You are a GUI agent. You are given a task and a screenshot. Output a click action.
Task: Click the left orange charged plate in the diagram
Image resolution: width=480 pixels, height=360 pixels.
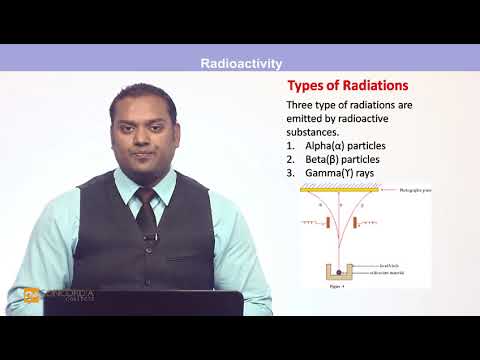click(324, 219)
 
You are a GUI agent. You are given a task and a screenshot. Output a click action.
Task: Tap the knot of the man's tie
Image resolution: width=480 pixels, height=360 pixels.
click(146, 196)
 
